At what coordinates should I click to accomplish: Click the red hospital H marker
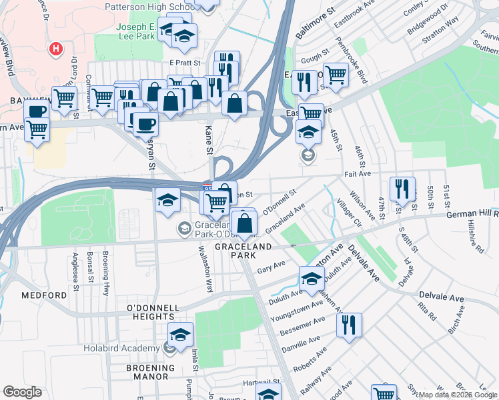point(56,49)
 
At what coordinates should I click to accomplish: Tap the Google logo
point(22,392)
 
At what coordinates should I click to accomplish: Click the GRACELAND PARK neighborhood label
point(243,247)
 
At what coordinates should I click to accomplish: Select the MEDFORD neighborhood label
point(43,295)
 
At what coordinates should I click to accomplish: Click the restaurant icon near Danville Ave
point(349,326)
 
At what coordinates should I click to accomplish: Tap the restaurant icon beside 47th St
point(402,189)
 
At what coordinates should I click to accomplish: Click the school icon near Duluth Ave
point(312,279)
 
